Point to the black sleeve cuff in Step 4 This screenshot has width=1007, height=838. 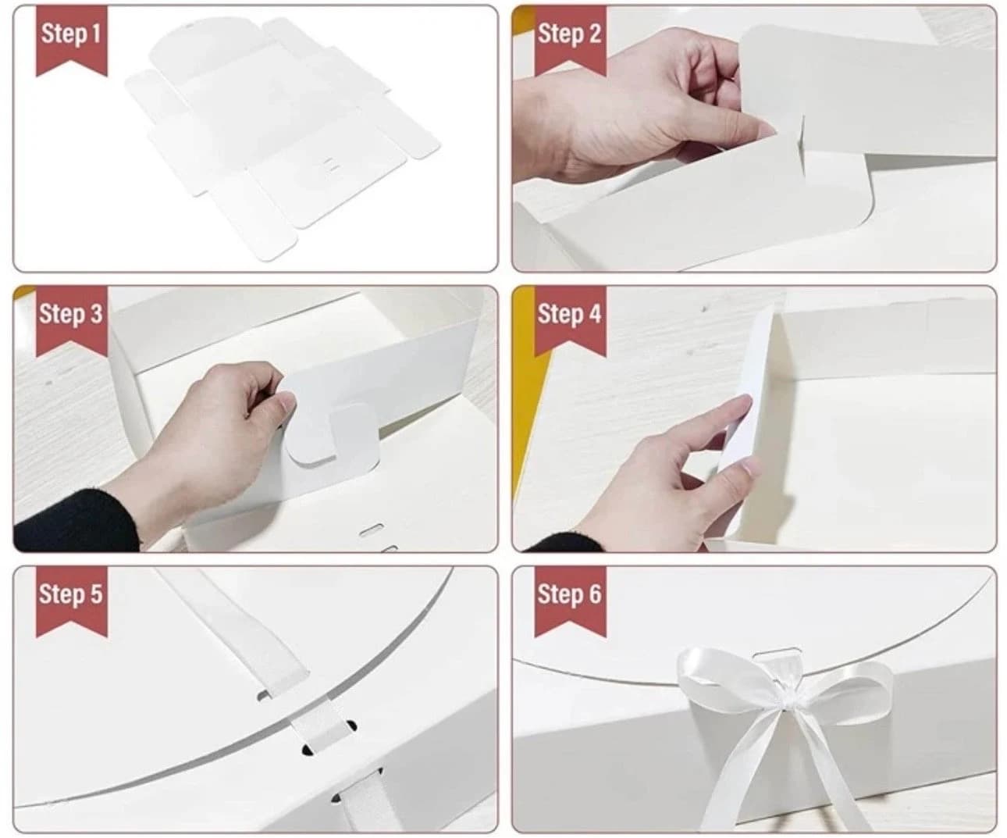click(564, 543)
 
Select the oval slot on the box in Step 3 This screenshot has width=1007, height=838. click(372, 530)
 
